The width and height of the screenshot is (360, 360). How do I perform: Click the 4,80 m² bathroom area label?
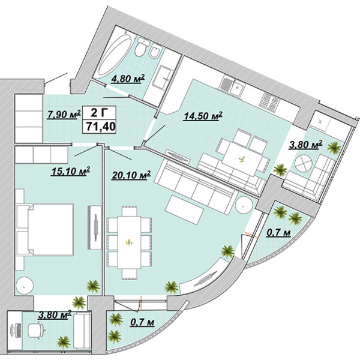pos(128,79)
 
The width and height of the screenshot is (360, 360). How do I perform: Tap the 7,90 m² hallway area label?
pos(64,115)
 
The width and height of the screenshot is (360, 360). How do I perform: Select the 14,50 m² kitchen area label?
pos(203,116)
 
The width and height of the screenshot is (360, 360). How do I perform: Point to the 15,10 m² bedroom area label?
pos(71,171)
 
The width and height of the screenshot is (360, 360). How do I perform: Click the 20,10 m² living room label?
pos(131,175)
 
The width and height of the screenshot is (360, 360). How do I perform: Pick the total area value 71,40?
pos(100,127)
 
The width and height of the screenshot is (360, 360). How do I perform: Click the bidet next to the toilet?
pos(155,52)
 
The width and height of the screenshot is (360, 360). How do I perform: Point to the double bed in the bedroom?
pos(45,230)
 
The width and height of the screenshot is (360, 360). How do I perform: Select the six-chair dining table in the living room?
pos(129,242)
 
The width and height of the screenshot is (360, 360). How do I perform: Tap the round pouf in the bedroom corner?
pos(25,286)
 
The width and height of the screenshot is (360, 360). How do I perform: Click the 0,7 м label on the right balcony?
pos(278,233)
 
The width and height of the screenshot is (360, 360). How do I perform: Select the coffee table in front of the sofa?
pos(184,210)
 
